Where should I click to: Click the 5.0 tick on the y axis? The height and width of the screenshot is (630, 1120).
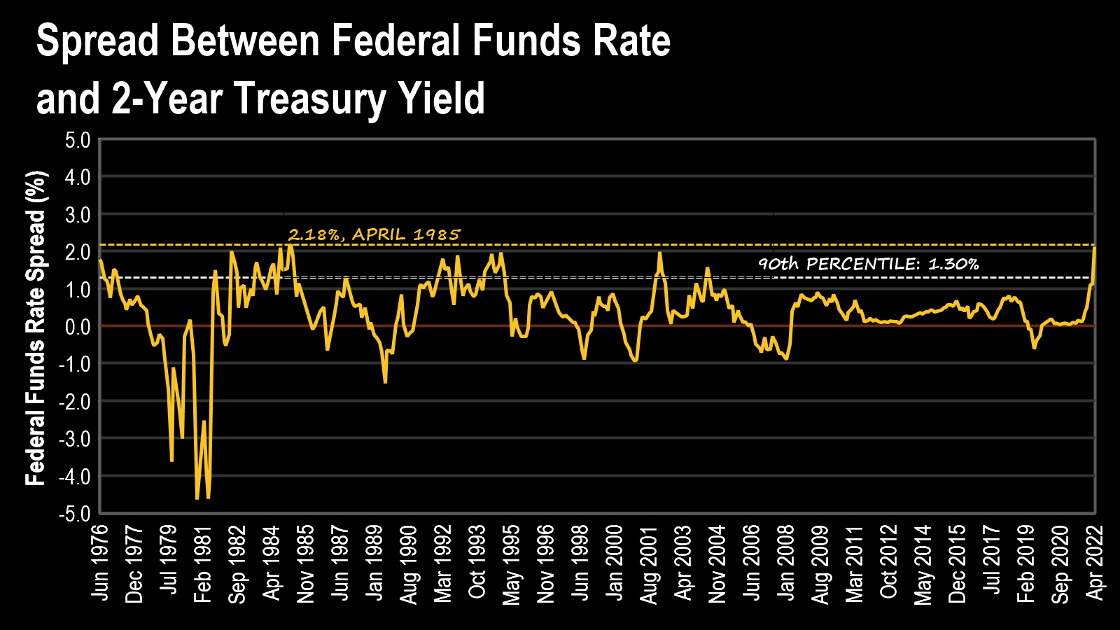click(78, 140)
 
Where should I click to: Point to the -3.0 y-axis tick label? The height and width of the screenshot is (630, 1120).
click(75, 439)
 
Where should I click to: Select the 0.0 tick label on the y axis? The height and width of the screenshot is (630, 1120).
click(78, 327)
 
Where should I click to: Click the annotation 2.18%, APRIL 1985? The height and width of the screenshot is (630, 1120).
click(374, 234)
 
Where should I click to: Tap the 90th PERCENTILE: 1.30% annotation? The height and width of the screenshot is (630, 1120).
click(868, 264)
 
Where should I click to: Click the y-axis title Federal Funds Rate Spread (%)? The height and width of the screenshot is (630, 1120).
click(36, 328)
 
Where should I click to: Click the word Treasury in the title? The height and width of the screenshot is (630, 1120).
click(309, 98)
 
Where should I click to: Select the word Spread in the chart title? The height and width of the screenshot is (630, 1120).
click(98, 41)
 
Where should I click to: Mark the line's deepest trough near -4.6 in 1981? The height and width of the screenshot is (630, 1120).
click(197, 498)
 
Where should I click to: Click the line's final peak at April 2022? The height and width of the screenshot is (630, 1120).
click(1094, 248)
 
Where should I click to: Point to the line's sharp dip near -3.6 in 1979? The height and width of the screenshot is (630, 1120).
click(171, 460)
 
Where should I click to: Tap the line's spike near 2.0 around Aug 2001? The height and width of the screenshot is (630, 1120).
click(659, 253)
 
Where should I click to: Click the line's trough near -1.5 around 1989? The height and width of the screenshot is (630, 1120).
click(385, 381)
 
